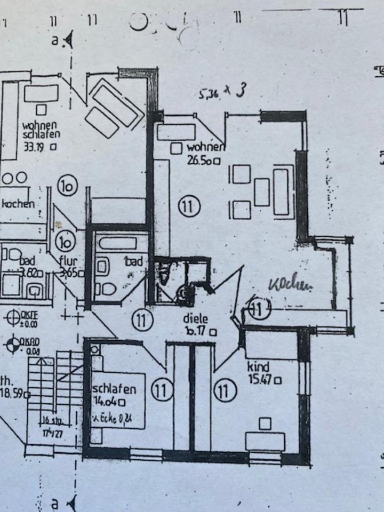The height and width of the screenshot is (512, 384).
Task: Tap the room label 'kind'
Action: pyautogui.click(x=258, y=367)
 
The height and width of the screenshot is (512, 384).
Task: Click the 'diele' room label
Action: pyautogui.click(x=195, y=319)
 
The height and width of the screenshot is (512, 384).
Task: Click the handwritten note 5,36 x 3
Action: pyautogui.click(x=221, y=94)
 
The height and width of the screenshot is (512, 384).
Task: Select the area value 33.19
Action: pyautogui.click(x=35, y=146)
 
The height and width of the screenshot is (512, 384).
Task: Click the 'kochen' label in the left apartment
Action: pyautogui.click(x=19, y=204)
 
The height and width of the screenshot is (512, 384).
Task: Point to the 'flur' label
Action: pyautogui.click(x=69, y=261)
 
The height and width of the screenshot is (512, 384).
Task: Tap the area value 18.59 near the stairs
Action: pyautogui.click(x=13, y=394)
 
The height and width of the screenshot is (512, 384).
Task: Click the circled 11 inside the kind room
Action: pyautogui.click(x=225, y=391)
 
